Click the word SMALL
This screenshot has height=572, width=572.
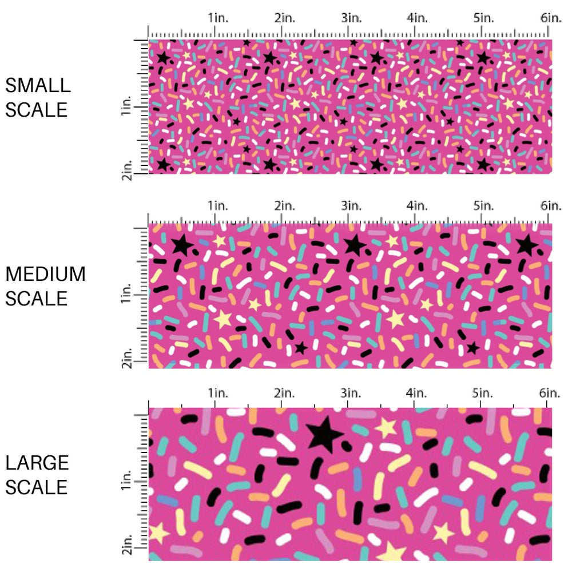(x=38, y=85)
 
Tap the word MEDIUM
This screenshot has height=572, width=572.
(x=46, y=274)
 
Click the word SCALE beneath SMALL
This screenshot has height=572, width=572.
(x=37, y=109)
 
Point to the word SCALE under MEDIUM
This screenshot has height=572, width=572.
(x=37, y=298)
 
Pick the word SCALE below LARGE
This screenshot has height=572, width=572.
(x=37, y=487)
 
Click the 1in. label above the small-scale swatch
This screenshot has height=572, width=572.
(x=217, y=18)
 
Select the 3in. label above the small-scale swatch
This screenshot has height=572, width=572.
(x=351, y=18)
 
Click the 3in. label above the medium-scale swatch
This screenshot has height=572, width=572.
(x=351, y=205)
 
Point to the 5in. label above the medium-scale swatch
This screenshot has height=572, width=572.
(x=484, y=205)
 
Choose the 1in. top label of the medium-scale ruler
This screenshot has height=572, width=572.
(x=217, y=205)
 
